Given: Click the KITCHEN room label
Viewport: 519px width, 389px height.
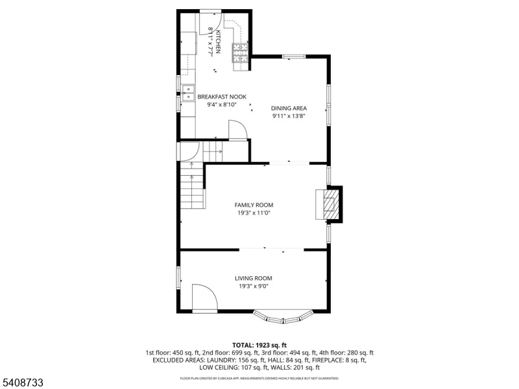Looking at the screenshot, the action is point(218,41).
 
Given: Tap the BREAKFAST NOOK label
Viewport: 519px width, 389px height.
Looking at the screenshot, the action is point(222,97).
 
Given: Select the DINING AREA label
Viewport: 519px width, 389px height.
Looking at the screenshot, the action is point(289,108).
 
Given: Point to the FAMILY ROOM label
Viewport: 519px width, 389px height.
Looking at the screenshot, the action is point(254,205).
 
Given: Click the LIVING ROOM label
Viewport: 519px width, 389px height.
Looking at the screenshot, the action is point(254,279).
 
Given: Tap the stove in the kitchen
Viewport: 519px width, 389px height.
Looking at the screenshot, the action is point(240,53).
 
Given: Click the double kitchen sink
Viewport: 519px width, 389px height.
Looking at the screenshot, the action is point(188,93).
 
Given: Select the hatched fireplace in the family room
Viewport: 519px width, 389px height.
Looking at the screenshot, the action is point(332,204).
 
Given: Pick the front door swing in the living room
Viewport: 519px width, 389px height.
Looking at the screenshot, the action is point(204,298).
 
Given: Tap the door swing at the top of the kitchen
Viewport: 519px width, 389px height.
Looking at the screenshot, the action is point(210,22).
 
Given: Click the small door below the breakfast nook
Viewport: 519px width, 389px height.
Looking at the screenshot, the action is point(238,131).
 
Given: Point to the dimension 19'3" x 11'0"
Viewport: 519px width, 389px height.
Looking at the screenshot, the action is point(254,213).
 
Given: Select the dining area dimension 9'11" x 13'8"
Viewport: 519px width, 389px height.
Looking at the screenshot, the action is point(289,116).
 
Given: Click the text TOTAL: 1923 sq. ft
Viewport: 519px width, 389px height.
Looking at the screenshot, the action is point(259,346).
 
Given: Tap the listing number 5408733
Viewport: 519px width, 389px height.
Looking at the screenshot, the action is point(21,383).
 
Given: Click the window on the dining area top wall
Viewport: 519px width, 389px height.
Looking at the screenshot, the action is point(294,56).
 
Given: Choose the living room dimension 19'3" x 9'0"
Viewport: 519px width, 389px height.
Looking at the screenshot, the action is point(254,287).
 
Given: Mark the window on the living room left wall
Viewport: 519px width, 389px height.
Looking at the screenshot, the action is point(178,278).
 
